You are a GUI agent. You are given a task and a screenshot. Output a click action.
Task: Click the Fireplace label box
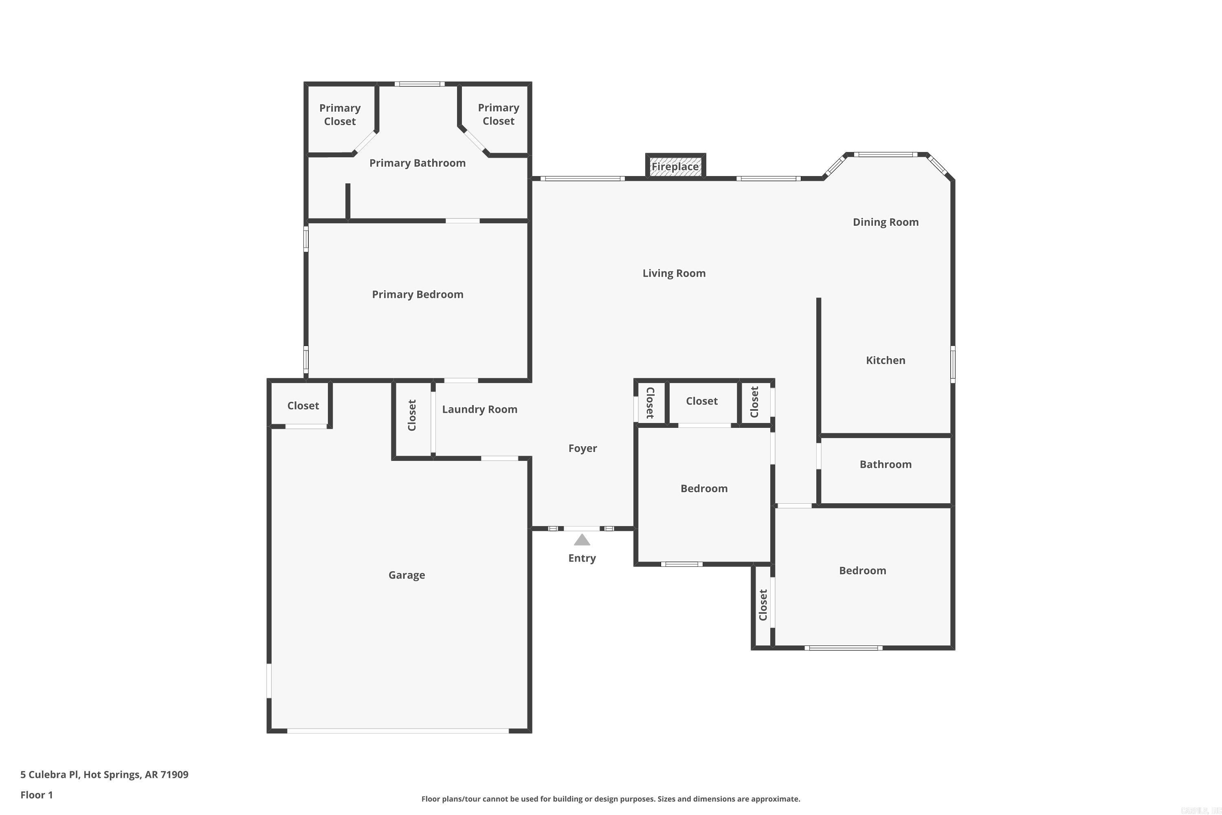click(x=675, y=167)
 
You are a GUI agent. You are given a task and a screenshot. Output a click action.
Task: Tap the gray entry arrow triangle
click(x=582, y=541)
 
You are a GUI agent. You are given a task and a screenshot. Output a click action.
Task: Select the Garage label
click(x=407, y=575)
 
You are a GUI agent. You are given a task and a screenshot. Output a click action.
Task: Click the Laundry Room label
click(x=479, y=409)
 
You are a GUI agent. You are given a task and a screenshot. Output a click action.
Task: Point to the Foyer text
click(x=582, y=448)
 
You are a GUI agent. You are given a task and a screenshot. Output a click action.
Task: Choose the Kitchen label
click(x=885, y=360)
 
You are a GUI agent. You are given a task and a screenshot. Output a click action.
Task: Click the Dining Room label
click(x=885, y=222)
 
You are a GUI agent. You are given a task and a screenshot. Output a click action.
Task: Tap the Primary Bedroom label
click(x=417, y=294)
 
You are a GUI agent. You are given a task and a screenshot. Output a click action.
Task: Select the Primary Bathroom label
click(x=417, y=163)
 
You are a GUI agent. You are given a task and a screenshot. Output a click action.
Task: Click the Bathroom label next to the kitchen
click(x=885, y=464)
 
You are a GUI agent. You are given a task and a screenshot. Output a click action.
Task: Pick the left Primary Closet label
click(x=340, y=115)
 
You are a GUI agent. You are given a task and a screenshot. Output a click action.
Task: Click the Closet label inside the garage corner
click(x=303, y=405)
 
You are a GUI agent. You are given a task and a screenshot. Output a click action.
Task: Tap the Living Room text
click(x=674, y=273)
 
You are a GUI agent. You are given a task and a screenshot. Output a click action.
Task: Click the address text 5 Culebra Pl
click(x=104, y=775)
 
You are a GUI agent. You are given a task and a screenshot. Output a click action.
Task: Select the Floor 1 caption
click(x=36, y=795)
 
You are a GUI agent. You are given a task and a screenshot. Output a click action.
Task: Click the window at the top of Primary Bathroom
click(x=419, y=84)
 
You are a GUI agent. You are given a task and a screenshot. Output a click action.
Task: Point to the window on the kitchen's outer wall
click(x=953, y=364)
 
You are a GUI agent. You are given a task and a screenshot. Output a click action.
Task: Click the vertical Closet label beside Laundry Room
click(x=412, y=415)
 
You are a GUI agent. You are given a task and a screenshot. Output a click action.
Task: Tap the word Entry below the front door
click(x=582, y=558)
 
